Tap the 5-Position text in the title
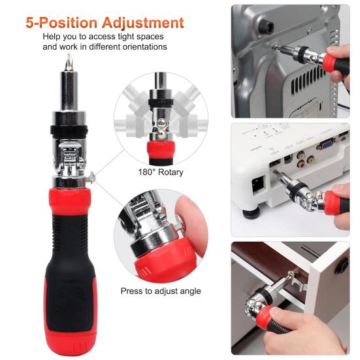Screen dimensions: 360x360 57,22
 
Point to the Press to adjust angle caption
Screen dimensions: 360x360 161,291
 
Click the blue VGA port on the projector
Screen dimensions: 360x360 322,145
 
